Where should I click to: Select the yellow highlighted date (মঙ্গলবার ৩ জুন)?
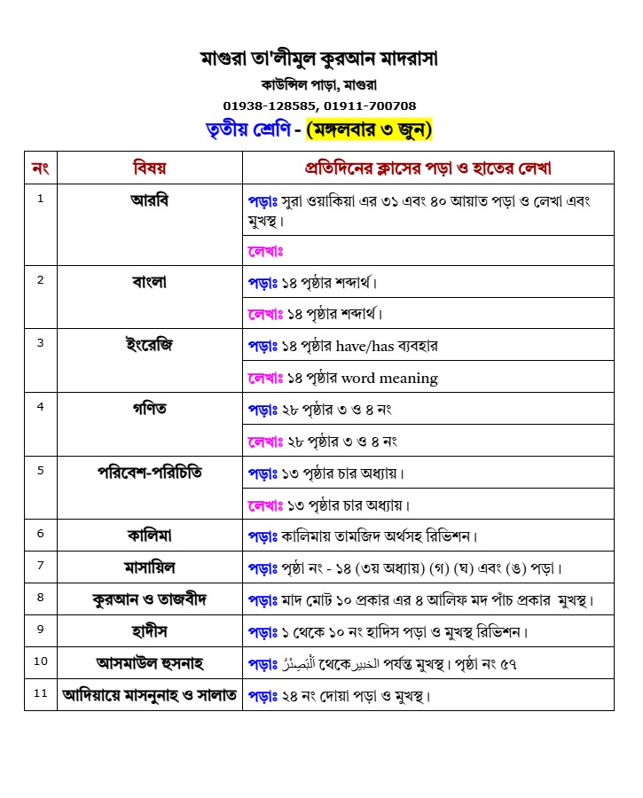pos(369,129)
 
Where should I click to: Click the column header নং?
pos(40,168)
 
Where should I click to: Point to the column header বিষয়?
pos(149,168)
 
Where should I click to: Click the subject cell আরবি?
pos(149,199)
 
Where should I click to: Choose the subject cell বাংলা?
pos(149,282)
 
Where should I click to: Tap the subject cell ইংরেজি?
pos(149,345)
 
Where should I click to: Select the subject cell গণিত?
pos(149,409)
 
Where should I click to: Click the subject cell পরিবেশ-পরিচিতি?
pos(149,473)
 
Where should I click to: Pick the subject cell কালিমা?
pos(149,535)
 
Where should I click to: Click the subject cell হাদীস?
pos(149,630)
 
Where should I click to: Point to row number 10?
pos(41,661)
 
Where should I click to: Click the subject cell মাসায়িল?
pos(149,567)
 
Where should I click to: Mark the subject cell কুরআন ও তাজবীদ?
pos(149,599)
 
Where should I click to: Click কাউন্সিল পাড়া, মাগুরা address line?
pos(319,85)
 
